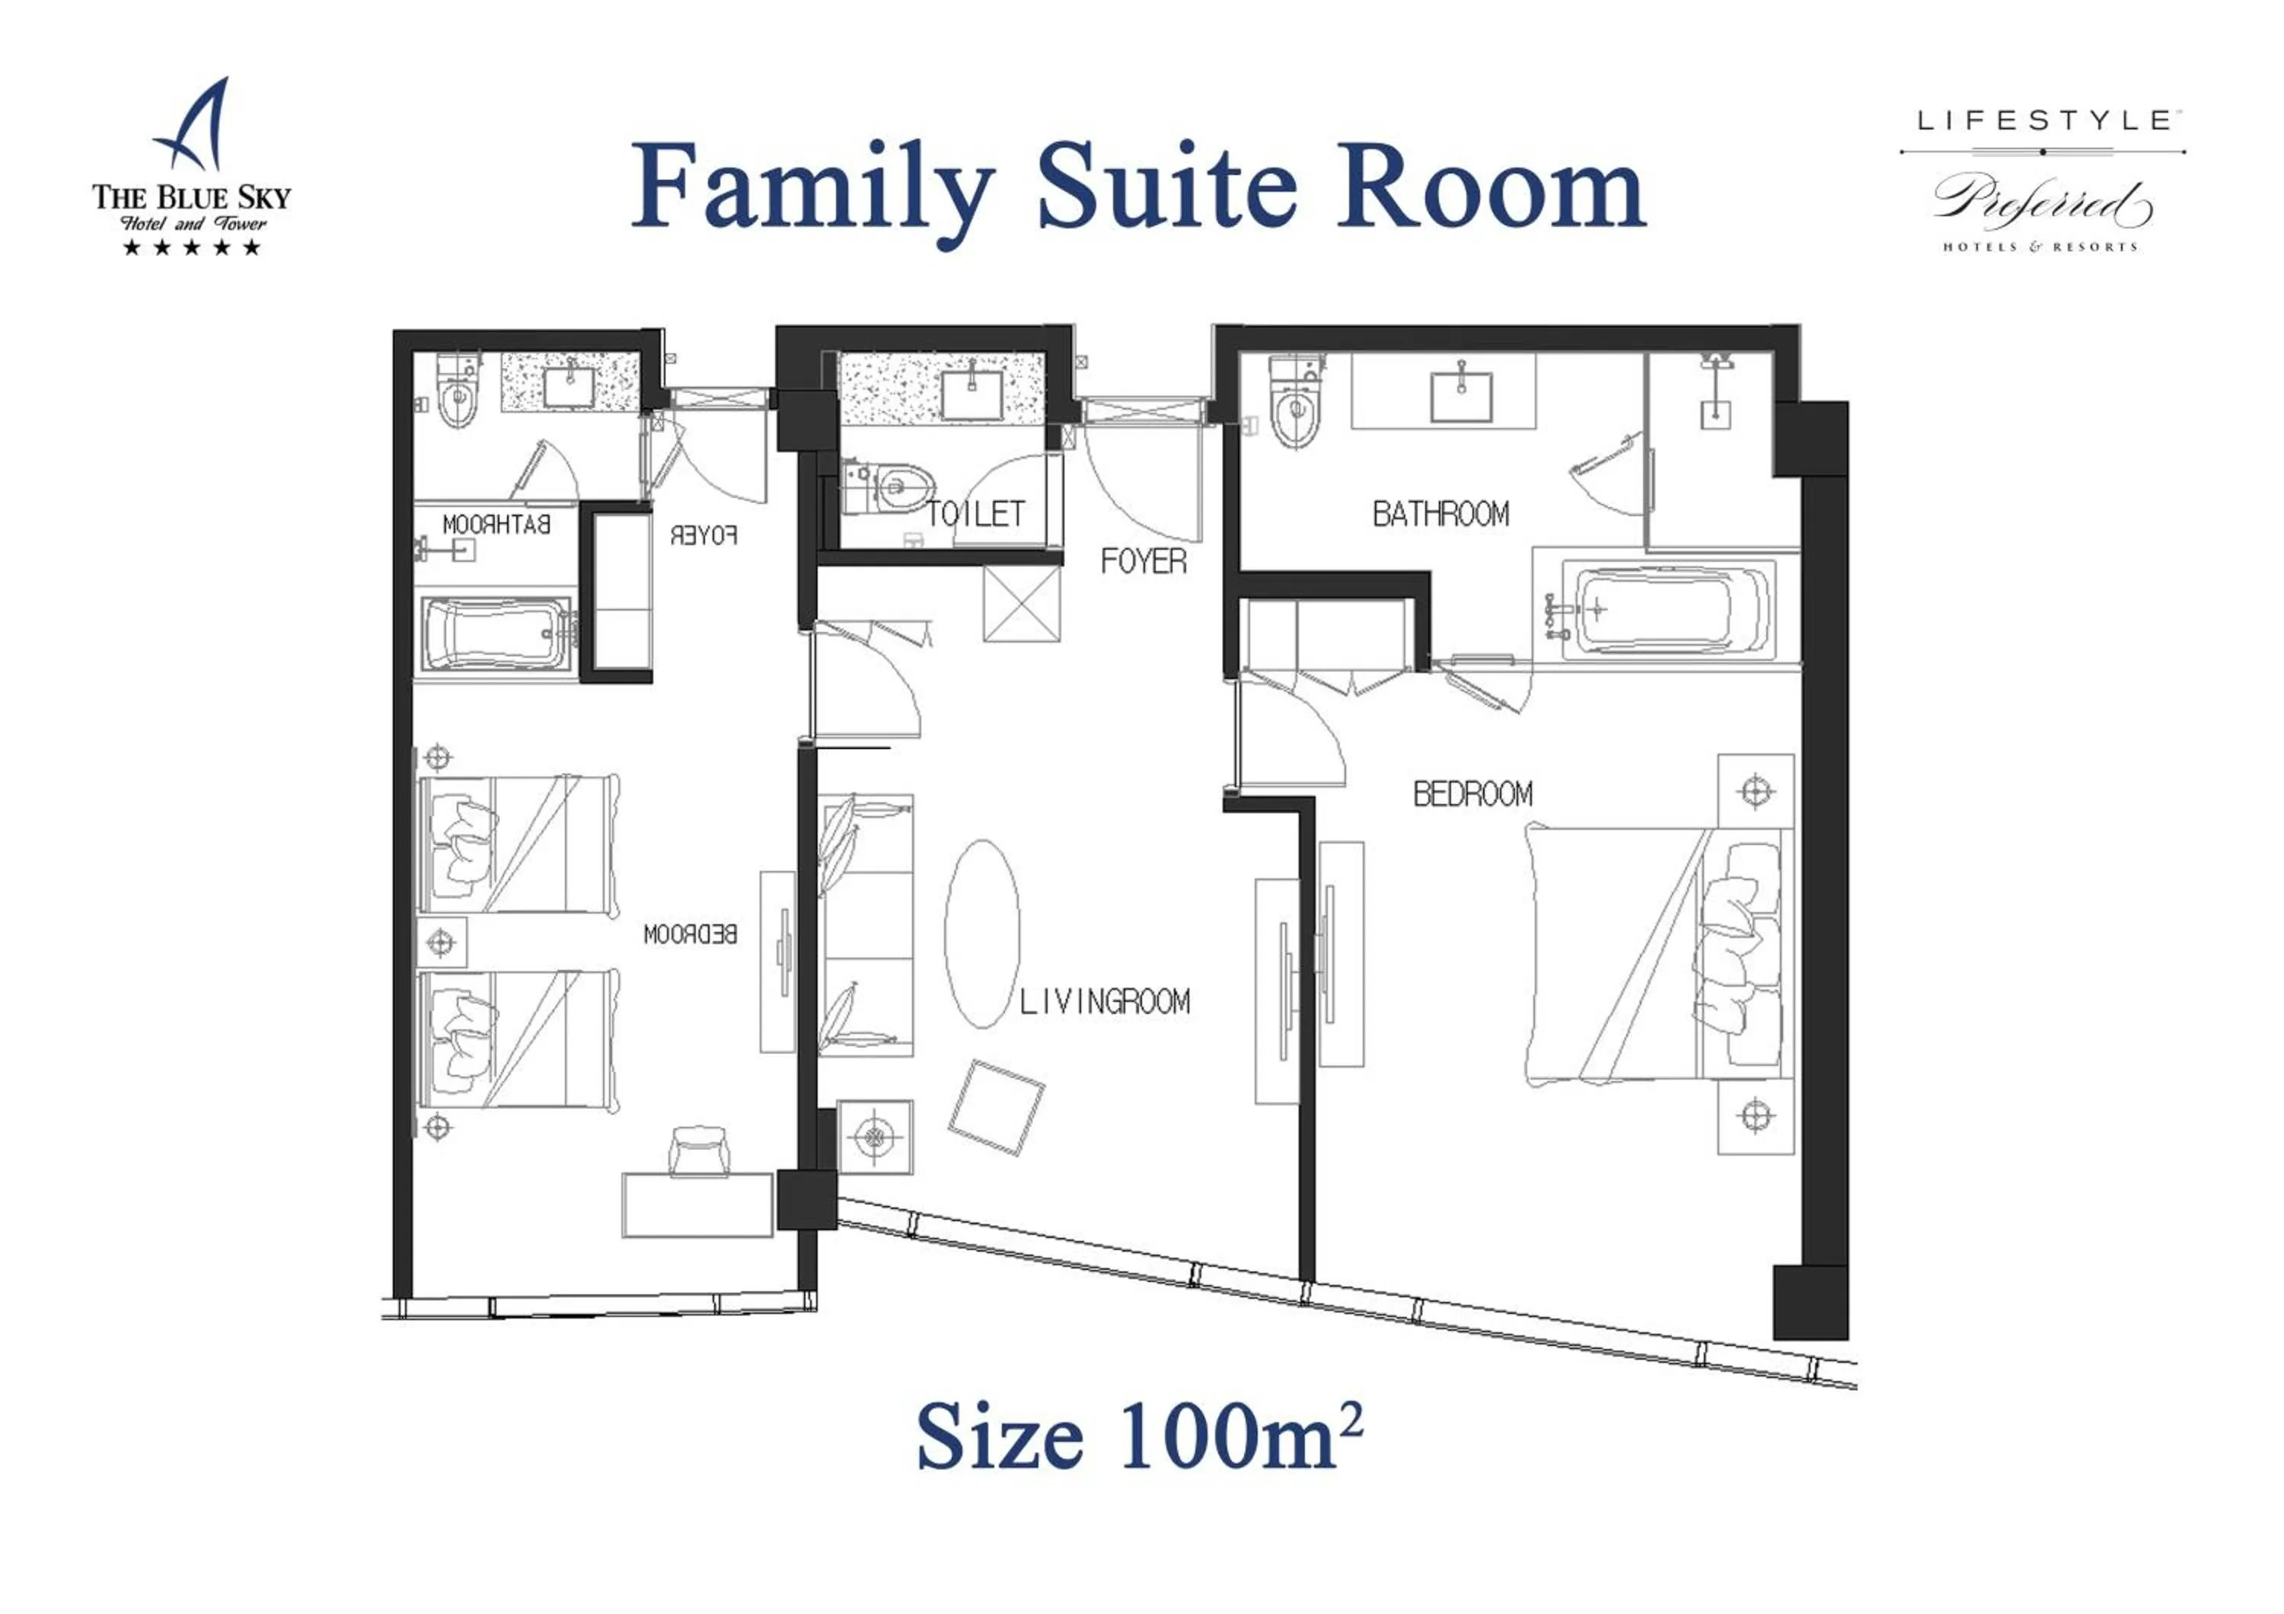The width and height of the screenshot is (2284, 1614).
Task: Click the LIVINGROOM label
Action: click(1104, 1001)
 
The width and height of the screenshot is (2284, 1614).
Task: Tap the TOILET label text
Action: click(976, 514)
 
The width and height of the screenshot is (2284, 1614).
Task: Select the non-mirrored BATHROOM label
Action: click(1440, 514)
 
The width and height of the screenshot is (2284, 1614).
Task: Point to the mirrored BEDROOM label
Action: click(691, 934)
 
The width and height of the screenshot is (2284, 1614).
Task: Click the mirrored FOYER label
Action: click(704, 536)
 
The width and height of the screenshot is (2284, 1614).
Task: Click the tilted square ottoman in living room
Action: click(996, 1108)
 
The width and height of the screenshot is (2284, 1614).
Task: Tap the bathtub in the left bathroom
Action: click(494, 634)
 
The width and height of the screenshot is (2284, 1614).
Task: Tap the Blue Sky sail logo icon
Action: click(195, 126)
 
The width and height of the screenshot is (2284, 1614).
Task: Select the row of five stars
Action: click(191, 247)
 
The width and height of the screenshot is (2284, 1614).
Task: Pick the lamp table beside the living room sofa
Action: click(875, 1136)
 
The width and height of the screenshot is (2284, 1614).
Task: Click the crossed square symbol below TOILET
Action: click(1022, 604)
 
